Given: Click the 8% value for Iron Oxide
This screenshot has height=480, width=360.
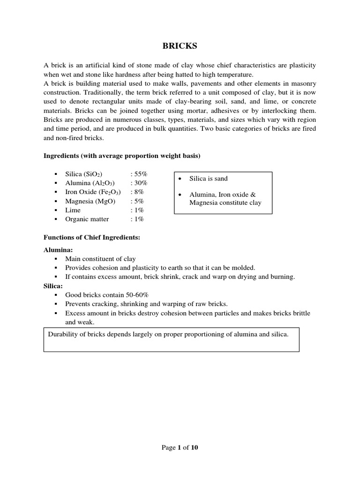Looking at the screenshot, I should click(137, 192).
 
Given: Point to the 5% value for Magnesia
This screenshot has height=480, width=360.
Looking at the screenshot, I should click(137, 201).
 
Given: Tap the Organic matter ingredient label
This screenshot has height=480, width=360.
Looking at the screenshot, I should click(87, 219).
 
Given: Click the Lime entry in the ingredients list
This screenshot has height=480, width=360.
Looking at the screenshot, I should click(73, 210).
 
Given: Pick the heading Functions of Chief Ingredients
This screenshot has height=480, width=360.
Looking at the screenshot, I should click(92, 238).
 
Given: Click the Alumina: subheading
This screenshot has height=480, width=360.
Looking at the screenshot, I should click(58, 250).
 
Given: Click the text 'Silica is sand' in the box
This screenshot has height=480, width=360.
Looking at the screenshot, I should click(209, 179).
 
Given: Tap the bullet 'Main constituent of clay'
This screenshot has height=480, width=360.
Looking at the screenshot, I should click(100, 259).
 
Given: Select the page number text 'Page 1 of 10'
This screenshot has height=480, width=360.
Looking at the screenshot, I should click(180, 448).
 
